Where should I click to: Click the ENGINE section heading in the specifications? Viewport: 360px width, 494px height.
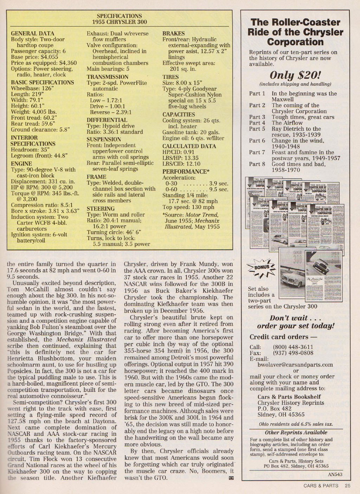pyautogui.click(x=21, y=164)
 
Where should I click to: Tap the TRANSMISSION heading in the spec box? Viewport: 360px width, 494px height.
pyautogui.click(x=108, y=77)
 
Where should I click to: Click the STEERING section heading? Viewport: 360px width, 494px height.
pyautogui.click(x=101, y=209)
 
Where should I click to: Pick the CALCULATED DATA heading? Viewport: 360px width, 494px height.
pyautogui.click(x=189, y=146)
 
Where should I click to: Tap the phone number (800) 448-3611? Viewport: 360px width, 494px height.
pyautogui.click(x=293, y=347)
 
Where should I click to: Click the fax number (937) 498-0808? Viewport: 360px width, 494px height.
pyautogui.click(x=293, y=353)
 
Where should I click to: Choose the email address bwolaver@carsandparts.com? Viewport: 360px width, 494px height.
pyautogui.click(x=295, y=365)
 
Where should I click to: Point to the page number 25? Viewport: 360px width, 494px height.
pyautogui.click(x=347, y=486)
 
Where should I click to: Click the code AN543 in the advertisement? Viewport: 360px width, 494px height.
pyautogui.click(x=335, y=474)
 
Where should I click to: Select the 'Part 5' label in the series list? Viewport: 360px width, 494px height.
pyautogui.click(x=257, y=129)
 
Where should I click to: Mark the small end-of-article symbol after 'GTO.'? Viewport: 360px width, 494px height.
pyautogui.click(x=231, y=478)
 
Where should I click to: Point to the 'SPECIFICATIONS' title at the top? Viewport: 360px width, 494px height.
pyautogui.click(x=119, y=16)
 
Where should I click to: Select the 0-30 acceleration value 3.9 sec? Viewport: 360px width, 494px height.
pyautogui.click(x=219, y=184)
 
